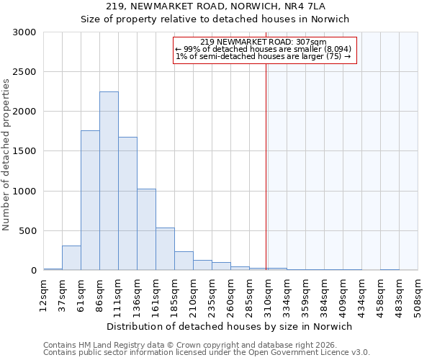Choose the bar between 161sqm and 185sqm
(165, 249)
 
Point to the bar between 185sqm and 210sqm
(184, 261)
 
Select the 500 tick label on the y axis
(28, 231)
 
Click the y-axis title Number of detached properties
(6, 155)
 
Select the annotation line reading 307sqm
(264, 42)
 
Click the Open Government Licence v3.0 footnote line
(207, 353)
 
